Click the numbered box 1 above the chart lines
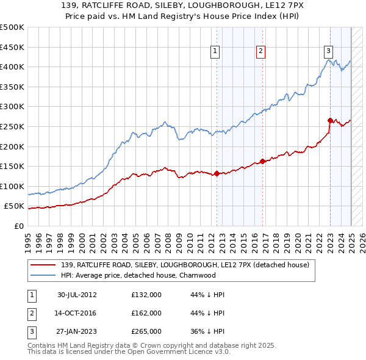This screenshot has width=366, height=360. point(216,52)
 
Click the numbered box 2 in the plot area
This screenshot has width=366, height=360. point(260,52)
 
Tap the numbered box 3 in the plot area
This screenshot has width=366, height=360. point(328,52)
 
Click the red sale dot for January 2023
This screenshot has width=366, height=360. point(330,120)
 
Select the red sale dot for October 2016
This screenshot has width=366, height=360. point(262,161)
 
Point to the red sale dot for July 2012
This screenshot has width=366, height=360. point(217,173)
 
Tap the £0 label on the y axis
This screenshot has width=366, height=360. point(18,226)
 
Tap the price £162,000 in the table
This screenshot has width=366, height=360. point(146,313)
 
